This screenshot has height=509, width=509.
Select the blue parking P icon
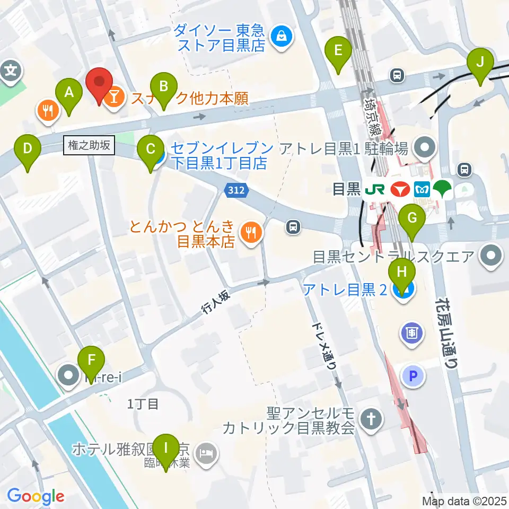point(414,377)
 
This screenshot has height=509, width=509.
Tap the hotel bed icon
point(205,452)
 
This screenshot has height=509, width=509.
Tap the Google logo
point(36,496)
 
